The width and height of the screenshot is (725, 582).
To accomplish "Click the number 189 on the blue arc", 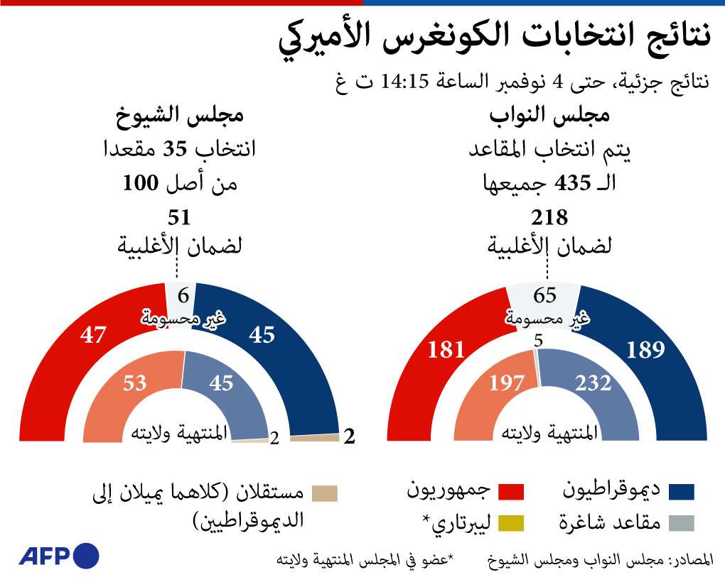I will (646, 349).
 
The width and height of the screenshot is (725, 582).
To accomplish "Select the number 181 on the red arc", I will (446, 349).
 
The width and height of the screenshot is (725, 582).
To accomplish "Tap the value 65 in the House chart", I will (545, 296).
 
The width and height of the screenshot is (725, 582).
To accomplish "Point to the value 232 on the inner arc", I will (593, 384).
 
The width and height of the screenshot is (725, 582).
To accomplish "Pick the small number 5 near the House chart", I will (538, 340).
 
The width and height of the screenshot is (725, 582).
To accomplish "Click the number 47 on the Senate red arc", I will (93, 335).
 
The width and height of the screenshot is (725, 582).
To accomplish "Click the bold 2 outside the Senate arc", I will (348, 437).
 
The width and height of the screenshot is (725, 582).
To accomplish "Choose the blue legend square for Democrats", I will (682, 491).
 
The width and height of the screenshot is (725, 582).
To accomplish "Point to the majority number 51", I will (179, 217).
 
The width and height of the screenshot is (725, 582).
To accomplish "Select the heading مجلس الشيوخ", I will (180, 116).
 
